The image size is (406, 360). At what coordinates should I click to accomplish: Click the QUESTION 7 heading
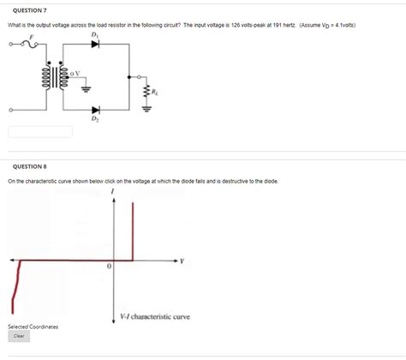[x=27, y=9]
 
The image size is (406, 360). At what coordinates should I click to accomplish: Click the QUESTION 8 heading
[x=27, y=167]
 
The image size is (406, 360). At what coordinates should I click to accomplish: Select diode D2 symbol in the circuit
[x=94, y=110]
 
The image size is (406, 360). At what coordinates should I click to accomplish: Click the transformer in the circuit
[x=59, y=76]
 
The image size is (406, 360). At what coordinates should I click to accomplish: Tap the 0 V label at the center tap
[x=76, y=72]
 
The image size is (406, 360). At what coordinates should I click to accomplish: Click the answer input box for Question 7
[x=40, y=132]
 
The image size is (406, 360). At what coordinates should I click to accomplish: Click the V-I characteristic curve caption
[x=154, y=316]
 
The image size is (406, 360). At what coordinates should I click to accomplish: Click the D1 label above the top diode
[x=94, y=34]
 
